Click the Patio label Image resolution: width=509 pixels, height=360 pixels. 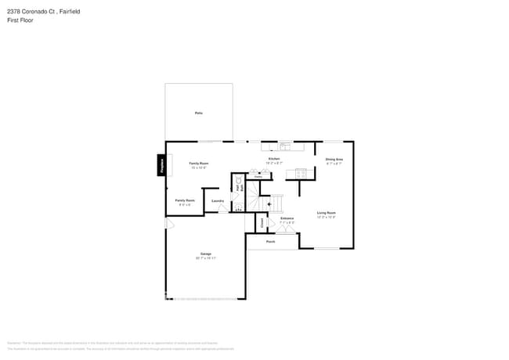(198, 113)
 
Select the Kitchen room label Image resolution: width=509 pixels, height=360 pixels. (274, 159)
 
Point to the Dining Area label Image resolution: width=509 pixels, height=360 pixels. (334, 159)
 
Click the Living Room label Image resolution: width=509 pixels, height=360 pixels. (326, 213)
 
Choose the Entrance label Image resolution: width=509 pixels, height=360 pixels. (287, 219)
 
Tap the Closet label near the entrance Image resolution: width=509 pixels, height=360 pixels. (262, 222)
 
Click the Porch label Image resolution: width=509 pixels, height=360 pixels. (270, 242)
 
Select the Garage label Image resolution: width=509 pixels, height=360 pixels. (205, 254)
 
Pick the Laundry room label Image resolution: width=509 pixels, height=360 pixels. (218, 201)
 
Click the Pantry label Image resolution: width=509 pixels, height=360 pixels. (258, 177)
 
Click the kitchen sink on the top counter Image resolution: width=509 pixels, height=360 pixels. (283, 146)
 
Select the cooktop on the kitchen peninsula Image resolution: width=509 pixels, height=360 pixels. (302, 173)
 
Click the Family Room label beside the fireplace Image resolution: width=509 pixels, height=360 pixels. (198, 164)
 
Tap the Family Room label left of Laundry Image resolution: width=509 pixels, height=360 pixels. (185, 201)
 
